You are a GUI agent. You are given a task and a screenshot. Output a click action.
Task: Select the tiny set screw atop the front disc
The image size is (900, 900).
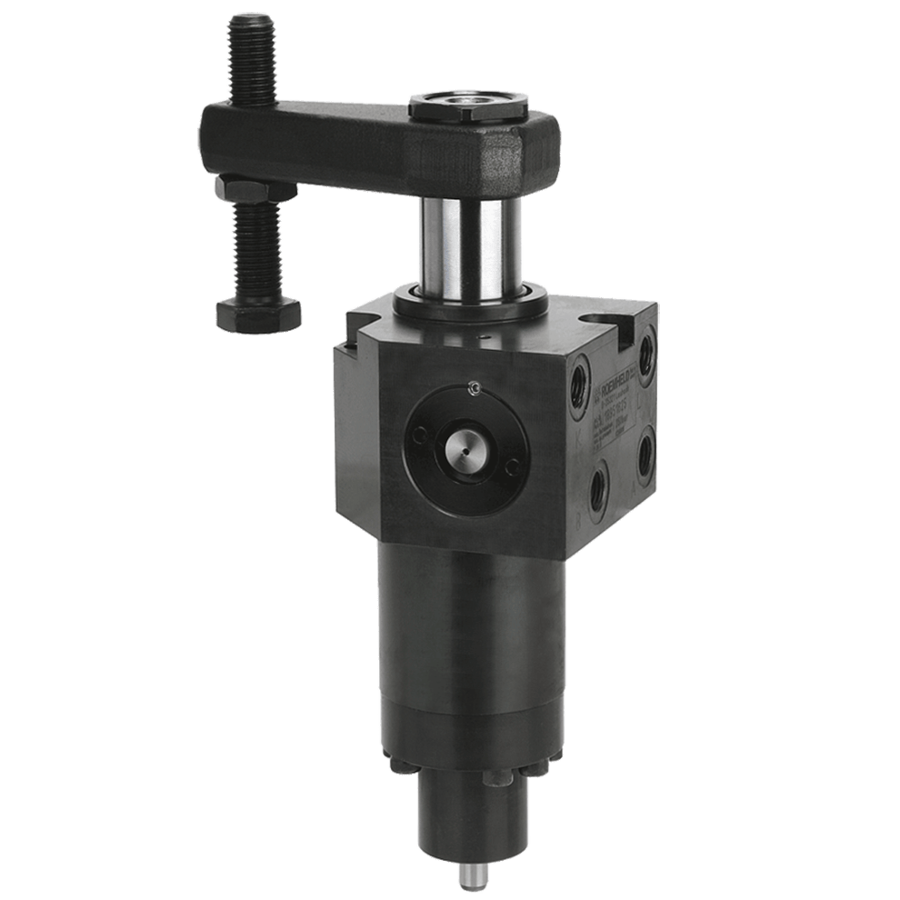473,389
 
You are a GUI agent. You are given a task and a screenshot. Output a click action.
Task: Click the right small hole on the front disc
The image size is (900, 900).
513,465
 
